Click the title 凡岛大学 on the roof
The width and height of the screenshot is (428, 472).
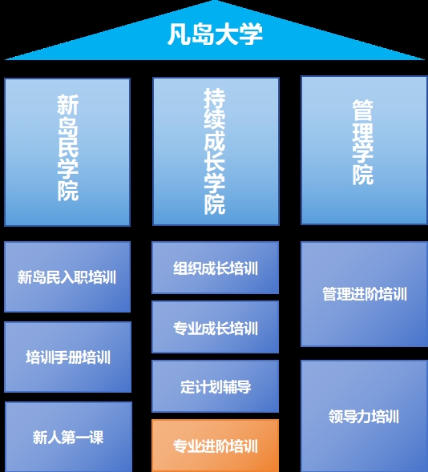click(x=215, y=34)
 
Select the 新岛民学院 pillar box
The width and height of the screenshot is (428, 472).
click(x=67, y=152)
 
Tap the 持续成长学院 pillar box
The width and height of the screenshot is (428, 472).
click(x=216, y=151)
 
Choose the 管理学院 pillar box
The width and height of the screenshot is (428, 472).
click(x=364, y=150)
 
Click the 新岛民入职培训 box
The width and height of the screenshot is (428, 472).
click(x=67, y=276)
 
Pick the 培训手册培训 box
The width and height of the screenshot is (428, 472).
click(x=67, y=357)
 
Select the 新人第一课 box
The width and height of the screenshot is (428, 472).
click(x=68, y=437)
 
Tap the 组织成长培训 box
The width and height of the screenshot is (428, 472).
click(x=216, y=268)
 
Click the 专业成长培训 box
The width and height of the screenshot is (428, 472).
click(x=216, y=327)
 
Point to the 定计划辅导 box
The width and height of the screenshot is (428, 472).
click(x=216, y=386)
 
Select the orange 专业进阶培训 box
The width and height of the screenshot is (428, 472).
click(x=216, y=446)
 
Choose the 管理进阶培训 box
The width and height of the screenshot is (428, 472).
click(x=364, y=294)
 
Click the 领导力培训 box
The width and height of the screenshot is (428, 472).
click(x=364, y=416)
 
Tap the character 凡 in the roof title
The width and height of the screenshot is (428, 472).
click(x=179, y=34)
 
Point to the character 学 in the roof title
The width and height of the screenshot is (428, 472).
click(x=251, y=34)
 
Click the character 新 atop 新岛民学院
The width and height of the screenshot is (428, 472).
click(x=67, y=105)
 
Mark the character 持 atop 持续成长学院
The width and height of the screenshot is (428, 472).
click(x=215, y=99)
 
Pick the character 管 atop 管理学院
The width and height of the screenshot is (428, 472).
click(x=363, y=110)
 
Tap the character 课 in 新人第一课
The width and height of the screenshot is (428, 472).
click(x=96, y=437)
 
